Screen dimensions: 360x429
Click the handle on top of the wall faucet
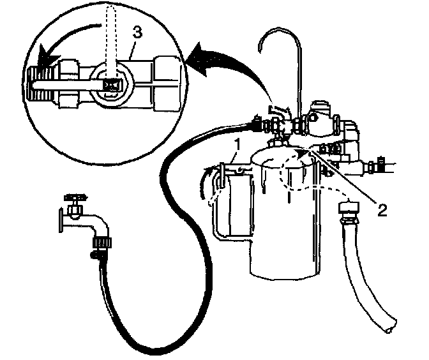[x=75, y=199]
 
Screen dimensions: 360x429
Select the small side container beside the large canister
[x=230, y=204]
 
